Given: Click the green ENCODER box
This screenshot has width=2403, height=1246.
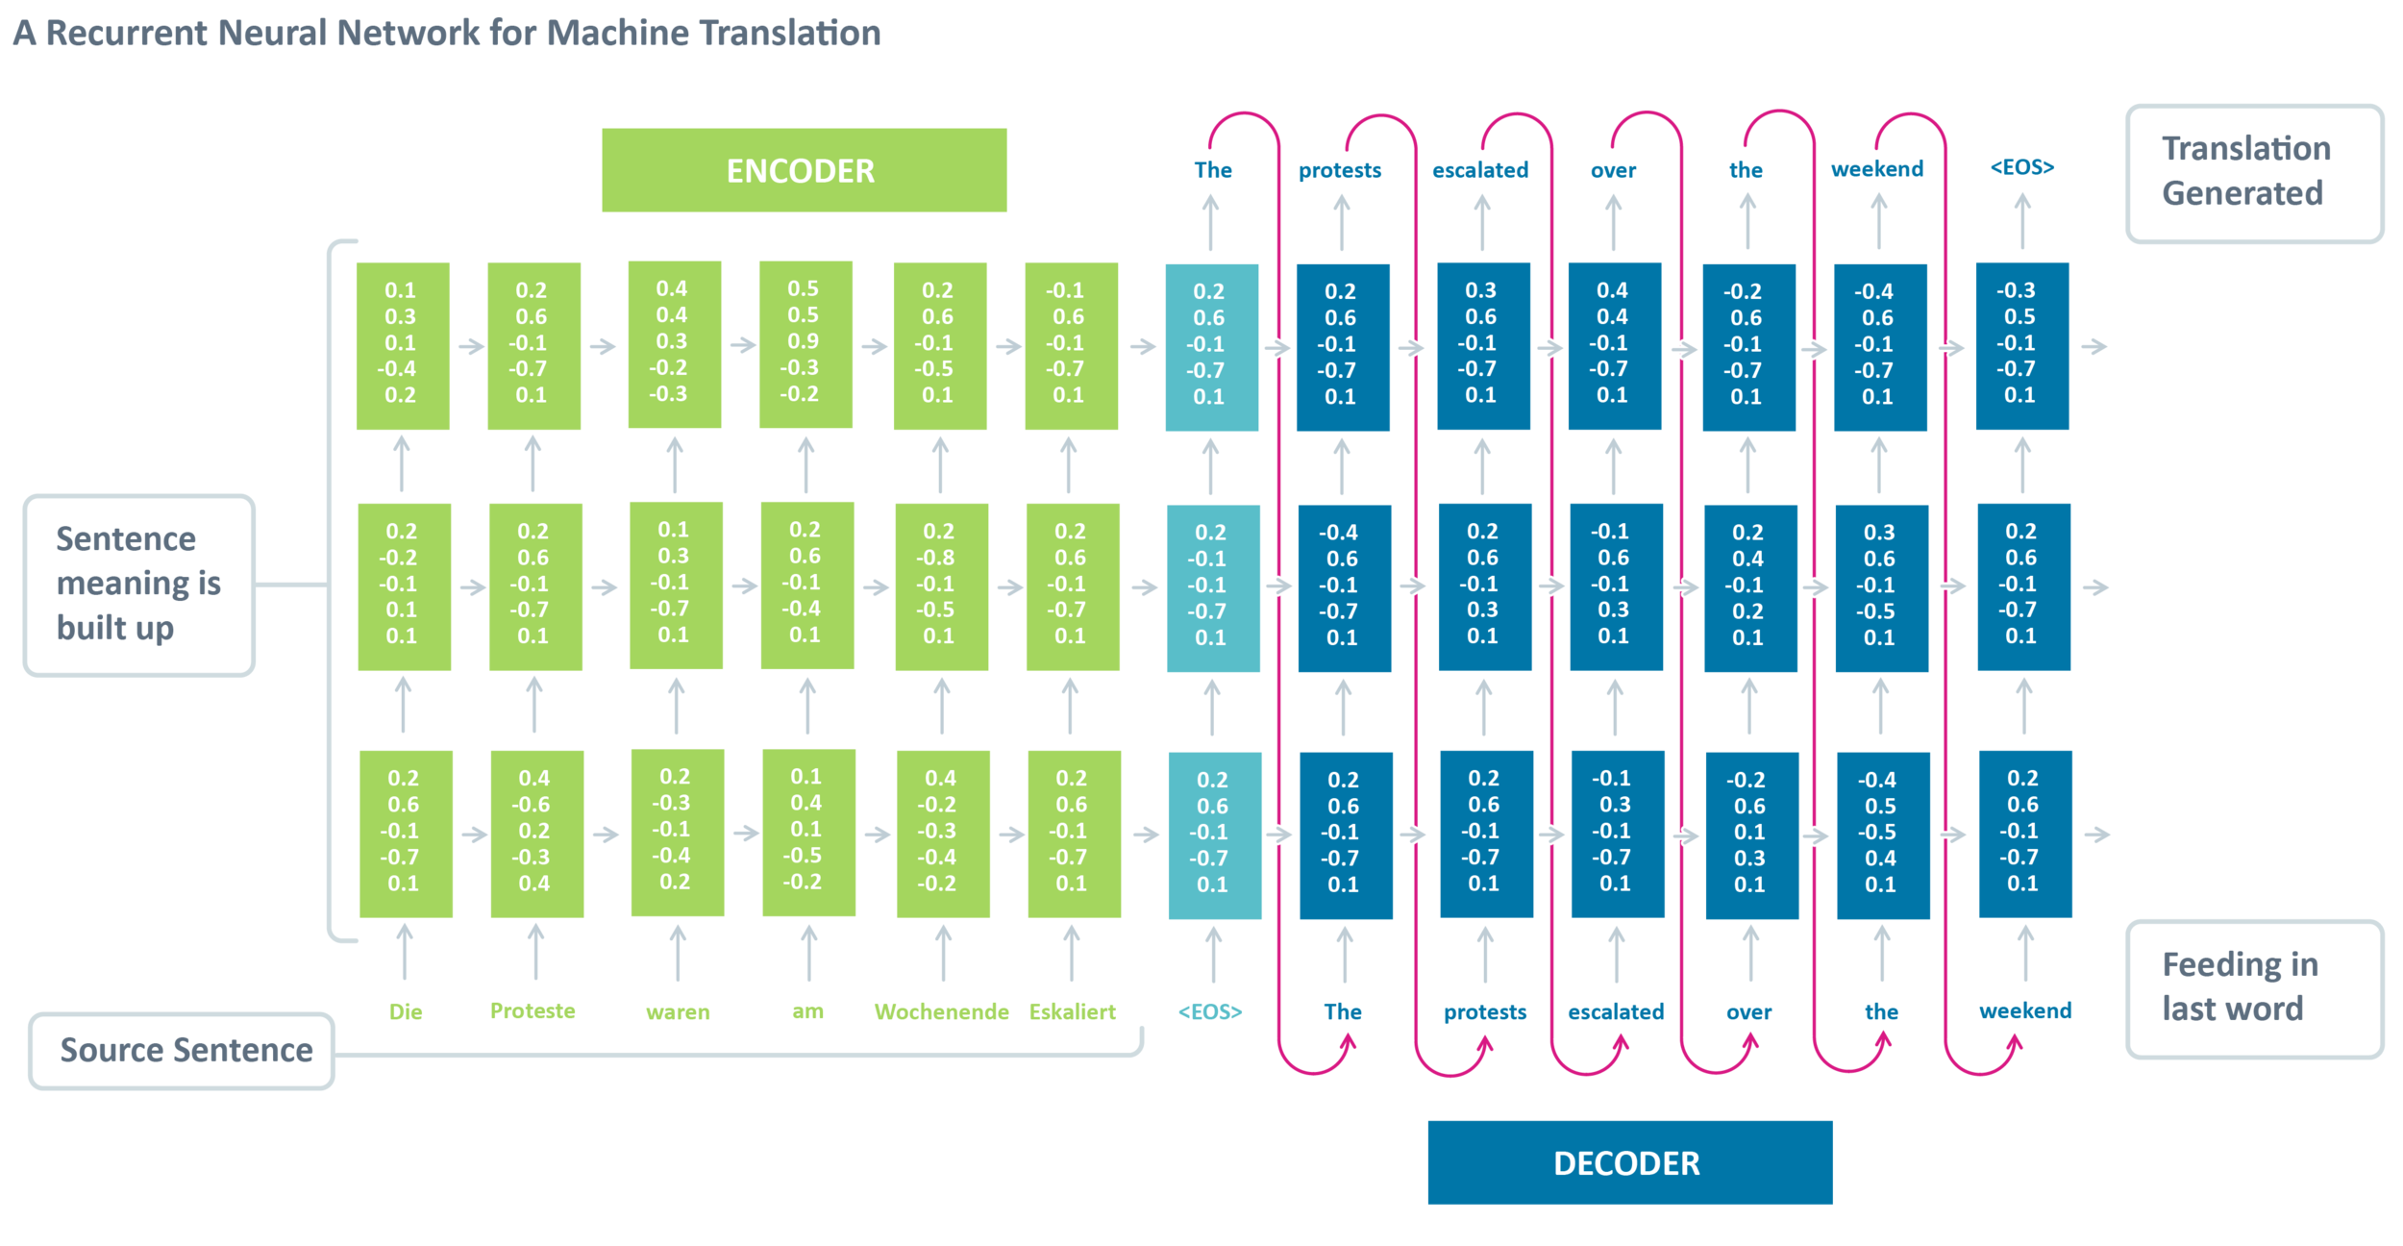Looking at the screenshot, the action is click(804, 170).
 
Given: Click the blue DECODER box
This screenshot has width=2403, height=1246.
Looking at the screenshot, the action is click(1629, 1162).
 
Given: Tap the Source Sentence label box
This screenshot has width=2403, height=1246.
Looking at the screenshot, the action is click(182, 1051).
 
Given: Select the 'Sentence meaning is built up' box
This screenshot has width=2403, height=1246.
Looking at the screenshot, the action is click(139, 585).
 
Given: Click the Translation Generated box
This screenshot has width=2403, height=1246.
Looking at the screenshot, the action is click(2254, 173).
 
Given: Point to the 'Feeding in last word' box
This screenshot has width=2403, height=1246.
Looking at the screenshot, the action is click(2254, 989).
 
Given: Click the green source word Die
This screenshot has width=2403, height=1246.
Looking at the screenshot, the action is click(406, 1011).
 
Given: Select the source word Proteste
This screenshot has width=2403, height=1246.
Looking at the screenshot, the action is click(533, 1010).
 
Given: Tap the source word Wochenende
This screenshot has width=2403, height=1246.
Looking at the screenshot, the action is click(941, 1011).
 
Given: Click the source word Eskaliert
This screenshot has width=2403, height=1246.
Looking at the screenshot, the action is click(1072, 1011).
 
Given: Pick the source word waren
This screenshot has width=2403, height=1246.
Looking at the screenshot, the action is click(678, 1011).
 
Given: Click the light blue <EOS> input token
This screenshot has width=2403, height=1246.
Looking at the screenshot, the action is click(1210, 1011).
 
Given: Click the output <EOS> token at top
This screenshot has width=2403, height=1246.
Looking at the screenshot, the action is click(2022, 167).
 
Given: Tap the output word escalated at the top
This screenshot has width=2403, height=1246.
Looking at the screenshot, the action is click(1480, 170).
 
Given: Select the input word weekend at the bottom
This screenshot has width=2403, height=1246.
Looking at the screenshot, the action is click(2025, 1010).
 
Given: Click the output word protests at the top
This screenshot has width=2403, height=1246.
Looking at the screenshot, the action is click(1340, 170).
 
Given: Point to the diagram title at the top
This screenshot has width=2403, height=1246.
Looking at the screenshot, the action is click(447, 33).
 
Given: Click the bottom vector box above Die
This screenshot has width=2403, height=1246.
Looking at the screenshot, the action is click(406, 834).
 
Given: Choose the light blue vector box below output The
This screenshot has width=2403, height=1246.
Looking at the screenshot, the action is click(1211, 347).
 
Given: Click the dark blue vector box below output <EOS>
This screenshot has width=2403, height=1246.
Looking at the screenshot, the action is click(2022, 346).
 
